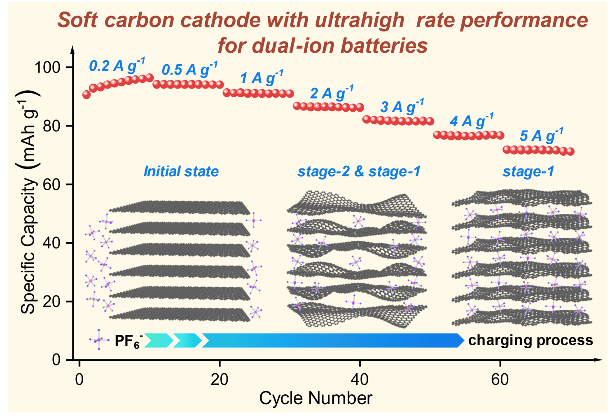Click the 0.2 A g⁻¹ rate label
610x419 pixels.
(117, 66)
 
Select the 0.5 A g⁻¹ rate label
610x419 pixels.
(189, 69)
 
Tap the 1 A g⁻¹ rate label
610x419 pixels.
(262, 77)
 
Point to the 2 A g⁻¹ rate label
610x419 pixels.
(332, 93)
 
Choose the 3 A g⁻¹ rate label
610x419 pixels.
(402, 107)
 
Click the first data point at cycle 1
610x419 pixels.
(86, 95)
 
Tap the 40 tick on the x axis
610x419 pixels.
(360, 379)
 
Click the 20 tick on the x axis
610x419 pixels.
(219, 379)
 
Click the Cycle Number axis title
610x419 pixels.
(316, 398)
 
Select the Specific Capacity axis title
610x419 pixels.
(29, 206)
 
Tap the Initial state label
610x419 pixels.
(181, 171)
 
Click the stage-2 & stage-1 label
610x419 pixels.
(359, 171)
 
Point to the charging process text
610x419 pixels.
(531, 340)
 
